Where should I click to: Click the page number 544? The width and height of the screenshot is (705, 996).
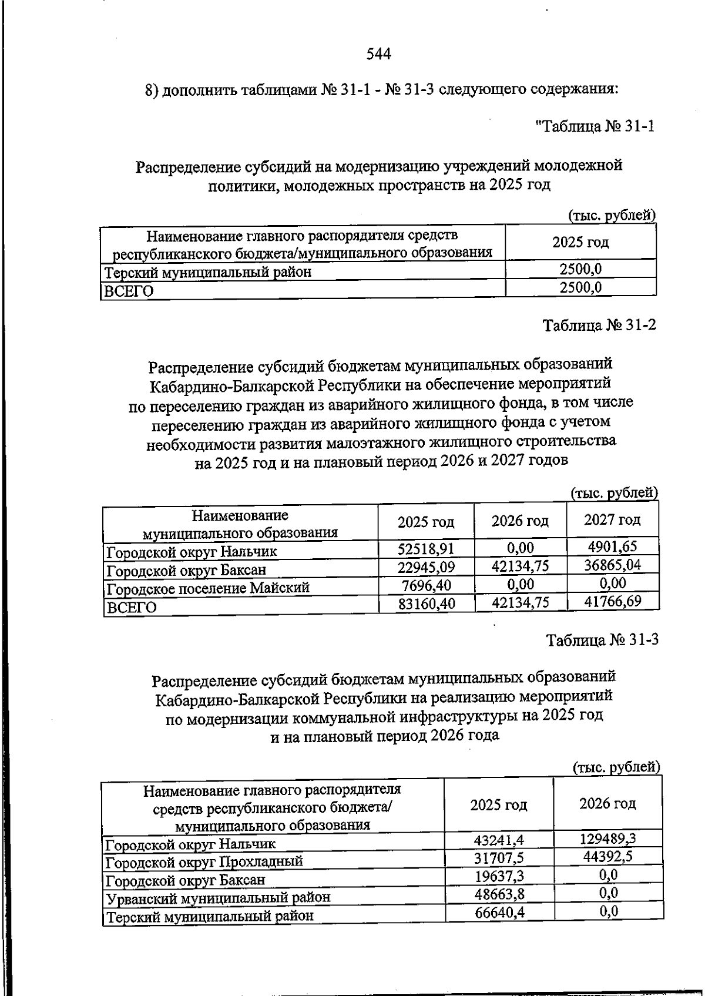pos(378,54)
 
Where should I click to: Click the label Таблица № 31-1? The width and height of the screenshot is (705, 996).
pos(595,126)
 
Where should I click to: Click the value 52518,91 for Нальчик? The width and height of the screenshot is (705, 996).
pos(426,549)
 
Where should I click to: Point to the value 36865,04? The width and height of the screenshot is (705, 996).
pos(613,565)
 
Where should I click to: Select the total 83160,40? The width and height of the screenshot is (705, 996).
pos(426,603)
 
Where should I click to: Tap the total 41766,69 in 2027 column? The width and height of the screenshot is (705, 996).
pos(613,601)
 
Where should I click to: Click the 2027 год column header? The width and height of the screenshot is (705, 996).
pos(612,519)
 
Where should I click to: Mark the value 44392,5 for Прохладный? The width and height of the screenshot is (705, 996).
pos(607,856)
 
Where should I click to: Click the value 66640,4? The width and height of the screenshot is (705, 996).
pos(499,912)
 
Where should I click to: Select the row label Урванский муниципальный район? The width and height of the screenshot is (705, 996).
pos(217,897)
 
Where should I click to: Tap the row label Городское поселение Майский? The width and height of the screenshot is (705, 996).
pos(207,588)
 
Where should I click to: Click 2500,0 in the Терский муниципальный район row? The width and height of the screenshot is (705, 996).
pos(580,270)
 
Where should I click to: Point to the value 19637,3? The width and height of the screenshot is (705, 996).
pos(499,877)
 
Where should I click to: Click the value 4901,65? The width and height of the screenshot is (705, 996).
pos(613,546)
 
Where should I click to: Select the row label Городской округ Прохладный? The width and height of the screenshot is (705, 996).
pos(204,862)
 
